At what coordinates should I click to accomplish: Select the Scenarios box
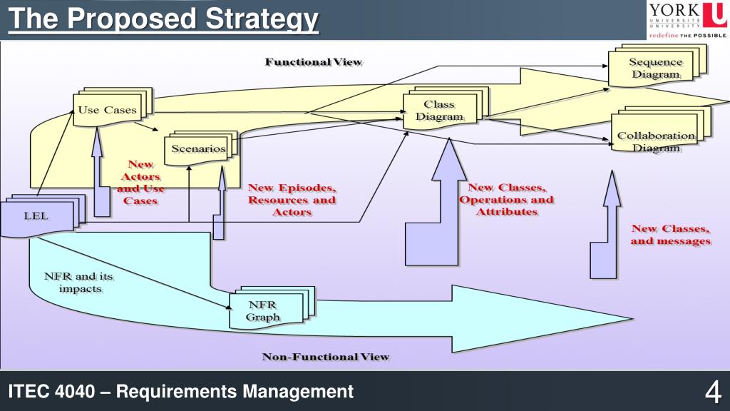(x=198, y=149)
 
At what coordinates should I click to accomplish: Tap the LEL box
(x=37, y=215)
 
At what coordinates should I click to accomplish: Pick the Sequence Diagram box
(x=654, y=68)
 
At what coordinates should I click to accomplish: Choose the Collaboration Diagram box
(x=656, y=141)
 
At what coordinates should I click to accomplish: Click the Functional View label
(x=314, y=62)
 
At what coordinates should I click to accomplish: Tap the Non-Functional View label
(x=326, y=356)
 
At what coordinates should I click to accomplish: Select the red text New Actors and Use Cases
(x=140, y=183)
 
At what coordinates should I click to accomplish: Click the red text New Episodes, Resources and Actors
(x=292, y=200)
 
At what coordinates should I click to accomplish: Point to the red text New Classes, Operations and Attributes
(x=506, y=200)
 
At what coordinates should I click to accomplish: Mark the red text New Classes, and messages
(x=670, y=235)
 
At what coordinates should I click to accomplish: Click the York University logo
(x=687, y=20)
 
